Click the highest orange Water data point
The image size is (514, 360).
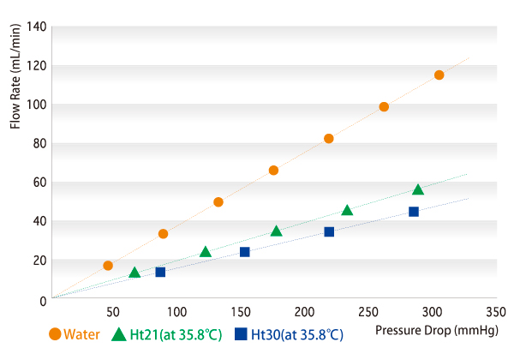(439, 75)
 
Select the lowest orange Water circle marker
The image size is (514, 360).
(108, 266)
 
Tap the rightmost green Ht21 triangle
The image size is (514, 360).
(418, 189)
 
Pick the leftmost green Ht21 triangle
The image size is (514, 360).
(134, 273)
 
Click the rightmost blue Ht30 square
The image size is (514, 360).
(414, 212)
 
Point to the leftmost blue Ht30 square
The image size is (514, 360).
(160, 272)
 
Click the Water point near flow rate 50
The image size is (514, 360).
(218, 202)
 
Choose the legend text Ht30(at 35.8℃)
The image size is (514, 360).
(296, 335)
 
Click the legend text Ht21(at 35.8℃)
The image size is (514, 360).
(176, 335)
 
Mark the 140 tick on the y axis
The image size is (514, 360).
(35, 27)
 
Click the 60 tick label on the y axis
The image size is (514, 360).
(39, 183)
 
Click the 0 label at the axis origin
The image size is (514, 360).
(42, 300)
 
